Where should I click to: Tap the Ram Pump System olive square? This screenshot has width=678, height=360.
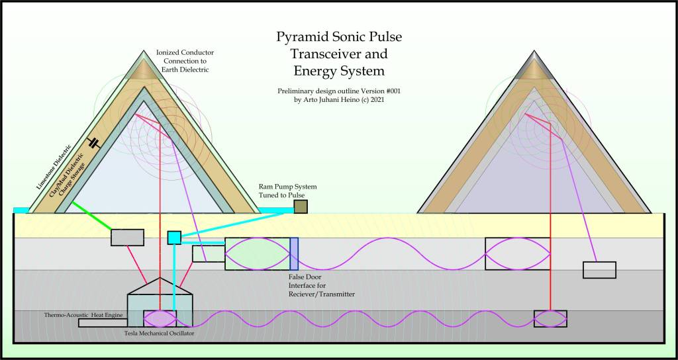(301, 207)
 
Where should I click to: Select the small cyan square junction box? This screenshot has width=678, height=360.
(174, 238)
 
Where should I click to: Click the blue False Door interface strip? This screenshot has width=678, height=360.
(294, 253)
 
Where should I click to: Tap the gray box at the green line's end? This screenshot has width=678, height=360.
(128, 237)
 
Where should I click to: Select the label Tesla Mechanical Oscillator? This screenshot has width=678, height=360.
(159, 333)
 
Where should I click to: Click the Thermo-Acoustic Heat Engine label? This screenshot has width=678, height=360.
(84, 315)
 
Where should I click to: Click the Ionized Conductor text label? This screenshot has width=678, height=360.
(185, 52)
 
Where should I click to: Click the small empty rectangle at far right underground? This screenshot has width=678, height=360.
(599, 270)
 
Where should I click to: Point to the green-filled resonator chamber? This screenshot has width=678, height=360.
(257, 253)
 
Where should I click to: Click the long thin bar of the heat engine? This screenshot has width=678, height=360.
(103, 323)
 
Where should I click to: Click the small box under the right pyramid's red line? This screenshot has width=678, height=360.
(550, 318)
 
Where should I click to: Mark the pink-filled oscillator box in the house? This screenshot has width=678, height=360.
(160, 318)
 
